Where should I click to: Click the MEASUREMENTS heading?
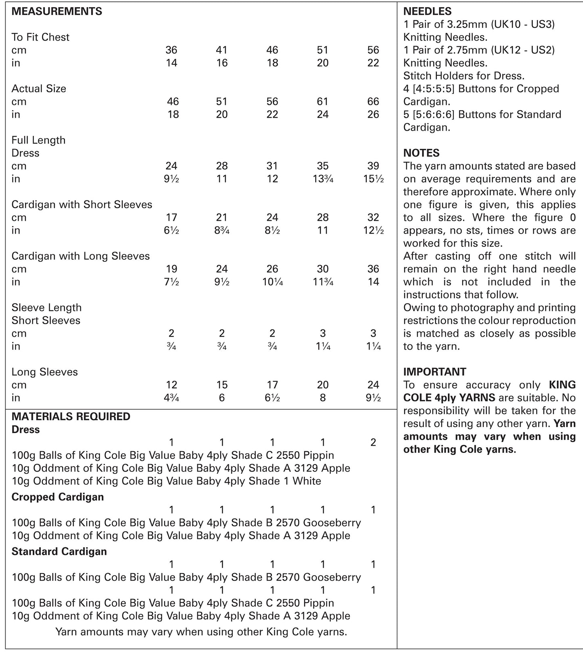click(56, 11)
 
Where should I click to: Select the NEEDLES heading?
click(427, 11)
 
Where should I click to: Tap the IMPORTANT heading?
click(435, 372)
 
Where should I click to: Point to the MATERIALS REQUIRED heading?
click(71, 417)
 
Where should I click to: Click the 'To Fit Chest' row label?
click(40, 37)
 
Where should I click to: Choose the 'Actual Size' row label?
click(39, 89)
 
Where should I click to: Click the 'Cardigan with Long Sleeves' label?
click(80, 256)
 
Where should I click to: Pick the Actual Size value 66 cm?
click(373, 102)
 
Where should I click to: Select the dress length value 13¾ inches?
click(323, 179)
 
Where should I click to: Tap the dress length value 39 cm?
click(373, 166)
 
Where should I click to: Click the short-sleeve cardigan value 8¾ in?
click(222, 230)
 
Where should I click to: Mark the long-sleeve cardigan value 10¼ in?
click(272, 282)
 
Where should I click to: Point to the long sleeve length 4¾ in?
click(171, 398)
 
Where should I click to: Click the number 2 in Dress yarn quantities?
click(373, 442)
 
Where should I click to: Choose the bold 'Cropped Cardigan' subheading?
click(58, 497)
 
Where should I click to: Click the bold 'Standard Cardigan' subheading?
click(59, 551)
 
